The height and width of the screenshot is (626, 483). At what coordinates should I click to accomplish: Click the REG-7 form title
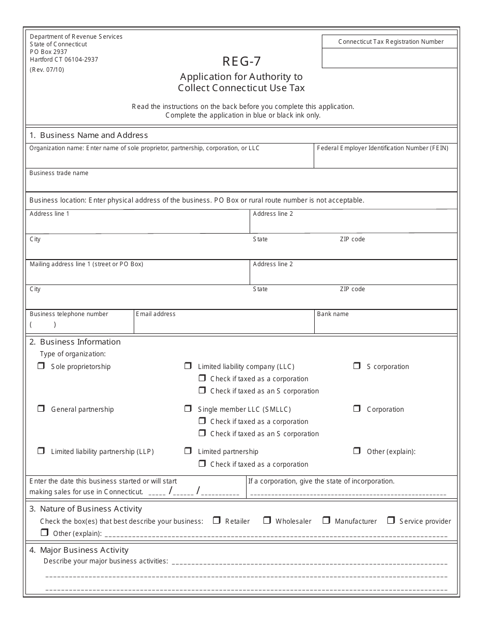pyautogui.click(x=242, y=62)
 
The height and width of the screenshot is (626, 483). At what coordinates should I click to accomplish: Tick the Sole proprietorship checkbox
pyautogui.click(x=41, y=366)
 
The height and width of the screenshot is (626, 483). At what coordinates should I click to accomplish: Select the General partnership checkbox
pyautogui.click(x=41, y=409)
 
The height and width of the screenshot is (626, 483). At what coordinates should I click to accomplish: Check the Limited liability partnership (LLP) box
pyautogui.click(x=41, y=451)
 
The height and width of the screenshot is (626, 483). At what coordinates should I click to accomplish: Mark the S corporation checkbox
pyautogui.click(x=357, y=366)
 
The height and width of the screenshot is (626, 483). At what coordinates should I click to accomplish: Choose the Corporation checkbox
pyautogui.click(x=357, y=409)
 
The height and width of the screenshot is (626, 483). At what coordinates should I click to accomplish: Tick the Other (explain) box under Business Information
pyautogui.click(x=357, y=451)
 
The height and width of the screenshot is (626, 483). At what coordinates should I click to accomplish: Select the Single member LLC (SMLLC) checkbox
pyautogui.click(x=188, y=409)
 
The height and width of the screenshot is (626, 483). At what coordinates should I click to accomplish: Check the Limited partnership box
pyautogui.click(x=188, y=451)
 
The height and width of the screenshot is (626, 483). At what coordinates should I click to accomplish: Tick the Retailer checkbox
pyautogui.click(x=216, y=520)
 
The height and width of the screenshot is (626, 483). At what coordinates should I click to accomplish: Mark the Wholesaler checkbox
pyautogui.click(x=267, y=520)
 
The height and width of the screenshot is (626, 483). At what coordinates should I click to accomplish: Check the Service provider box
pyautogui.click(x=391, y=520)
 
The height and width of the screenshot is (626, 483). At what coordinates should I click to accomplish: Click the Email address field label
pyautogui.click(x=156, y=314)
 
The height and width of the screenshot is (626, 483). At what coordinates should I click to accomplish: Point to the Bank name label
pyautogui.click(x=333, y=314)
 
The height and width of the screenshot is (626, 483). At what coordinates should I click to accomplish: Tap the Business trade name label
pyautogui.click(x=59, y=173)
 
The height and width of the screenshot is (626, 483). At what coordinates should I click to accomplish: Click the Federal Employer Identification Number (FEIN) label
pyautogui.click(x=382, y=148)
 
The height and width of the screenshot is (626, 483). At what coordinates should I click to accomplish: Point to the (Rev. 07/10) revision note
pyautogui.click(x=47, y=70)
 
